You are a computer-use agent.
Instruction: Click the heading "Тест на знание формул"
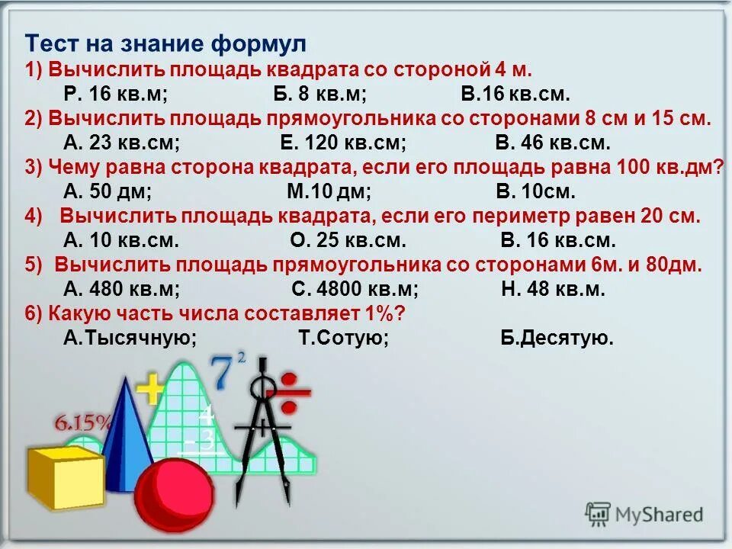click(x=165, y=42)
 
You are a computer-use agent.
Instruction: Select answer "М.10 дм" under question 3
click(x=329, y=191)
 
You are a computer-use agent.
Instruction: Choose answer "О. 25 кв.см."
click(x=348, y=240)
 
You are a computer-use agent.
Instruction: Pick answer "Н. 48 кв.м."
click(x=553, y=289)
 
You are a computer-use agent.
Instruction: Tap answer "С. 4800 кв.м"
click(x=355, y=289)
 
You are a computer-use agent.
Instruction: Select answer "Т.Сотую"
click(x=343, y=338)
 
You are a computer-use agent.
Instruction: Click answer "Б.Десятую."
click(x=557, y=338)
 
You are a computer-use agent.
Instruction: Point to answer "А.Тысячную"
click(x=130, y=338)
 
